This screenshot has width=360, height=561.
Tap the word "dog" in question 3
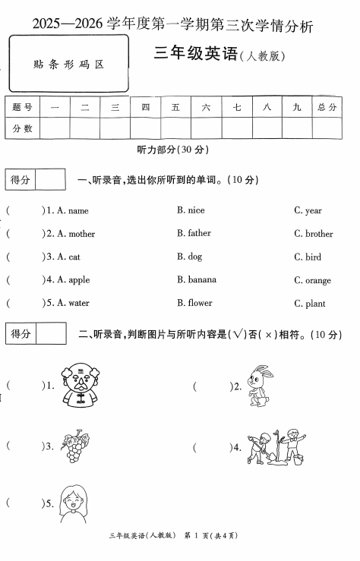pyautogui.click(x=194, y=257)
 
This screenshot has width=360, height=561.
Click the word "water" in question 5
pyautogui.click(x=79, y=303)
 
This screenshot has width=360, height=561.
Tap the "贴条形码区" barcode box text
pyautogui.click(x=69, y=65)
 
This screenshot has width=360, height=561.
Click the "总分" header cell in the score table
pyautogui.click(x=327, y=108)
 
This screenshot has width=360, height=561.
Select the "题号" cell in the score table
pyautogui.click(x=23, y=108)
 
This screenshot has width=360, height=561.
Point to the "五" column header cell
pyautogui.click(x=175, y=108)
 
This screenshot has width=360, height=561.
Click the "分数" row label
pyautogui.click(x=23, y=129)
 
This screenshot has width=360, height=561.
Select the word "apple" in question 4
pyautogui.click(x=79, y=279)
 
